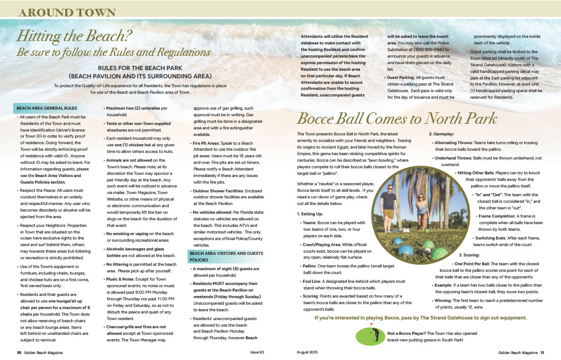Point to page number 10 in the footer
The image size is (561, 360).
(x=19, y=352)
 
